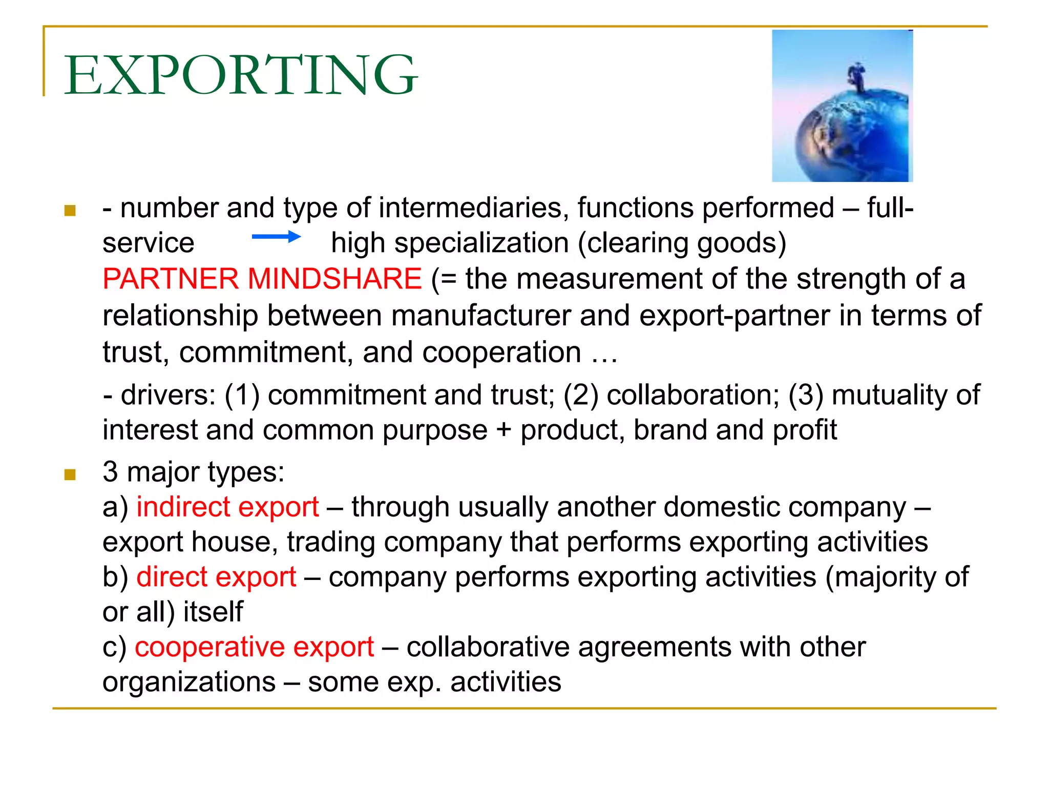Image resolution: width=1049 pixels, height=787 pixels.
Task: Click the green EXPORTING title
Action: [240, 75]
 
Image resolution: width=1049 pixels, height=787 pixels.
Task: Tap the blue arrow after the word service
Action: [276, 237]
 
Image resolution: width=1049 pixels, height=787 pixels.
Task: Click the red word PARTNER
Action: [171, 279]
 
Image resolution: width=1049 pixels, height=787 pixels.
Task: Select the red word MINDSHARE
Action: [334, 279]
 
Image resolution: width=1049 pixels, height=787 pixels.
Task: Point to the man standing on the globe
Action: [857, 76]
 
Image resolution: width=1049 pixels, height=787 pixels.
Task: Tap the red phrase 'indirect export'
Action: [227, 507]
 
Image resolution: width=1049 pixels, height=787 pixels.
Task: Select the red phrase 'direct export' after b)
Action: [216, 577]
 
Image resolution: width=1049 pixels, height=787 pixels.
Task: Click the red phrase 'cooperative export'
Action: [254, 647]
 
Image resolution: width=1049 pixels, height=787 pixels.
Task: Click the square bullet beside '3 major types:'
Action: [70, 474]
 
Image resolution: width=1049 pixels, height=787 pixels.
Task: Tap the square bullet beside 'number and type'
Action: [70, 210]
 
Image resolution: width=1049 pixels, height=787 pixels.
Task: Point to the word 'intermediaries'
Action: [474, 209]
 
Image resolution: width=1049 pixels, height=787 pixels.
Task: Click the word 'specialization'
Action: [481, 243]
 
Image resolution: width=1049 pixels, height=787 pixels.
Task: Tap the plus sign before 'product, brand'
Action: [503, 429]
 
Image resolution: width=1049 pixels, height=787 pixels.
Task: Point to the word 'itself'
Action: [213, 612]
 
